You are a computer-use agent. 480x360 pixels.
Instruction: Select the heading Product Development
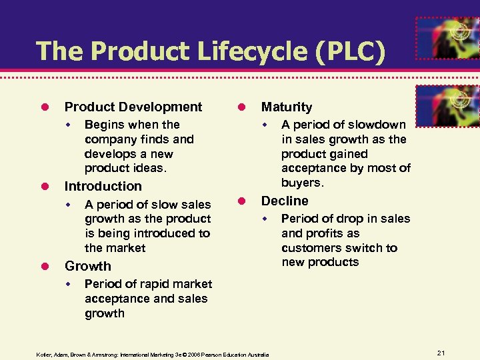tap(133, 107)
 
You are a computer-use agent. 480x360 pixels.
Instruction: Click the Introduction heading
tap(103, 186)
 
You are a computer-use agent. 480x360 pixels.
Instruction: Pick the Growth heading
tap(87, 266)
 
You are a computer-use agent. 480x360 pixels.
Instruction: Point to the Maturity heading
tap(287, 107)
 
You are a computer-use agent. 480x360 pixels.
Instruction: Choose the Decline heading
tap(285, 201)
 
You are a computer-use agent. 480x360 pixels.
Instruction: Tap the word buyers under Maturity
tap(302, 183)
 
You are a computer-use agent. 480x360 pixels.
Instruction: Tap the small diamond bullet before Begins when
tap(67, 125)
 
